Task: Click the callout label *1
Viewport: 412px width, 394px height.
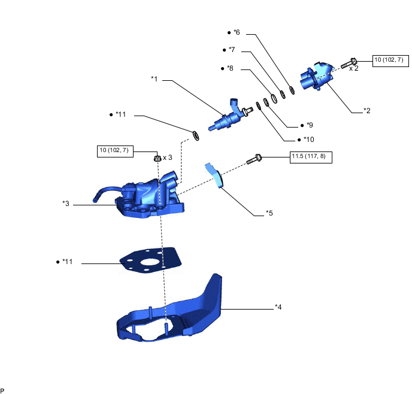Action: [154, 78]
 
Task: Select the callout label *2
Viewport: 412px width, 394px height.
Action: [367, 110]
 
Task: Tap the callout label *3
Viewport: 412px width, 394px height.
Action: [66, 204]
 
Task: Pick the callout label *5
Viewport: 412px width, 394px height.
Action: [269, 213]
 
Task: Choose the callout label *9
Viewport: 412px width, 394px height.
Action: [309, 125]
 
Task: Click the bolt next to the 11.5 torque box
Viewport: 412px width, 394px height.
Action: [254, 159]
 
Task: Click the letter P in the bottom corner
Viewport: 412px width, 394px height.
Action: [3, 390]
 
